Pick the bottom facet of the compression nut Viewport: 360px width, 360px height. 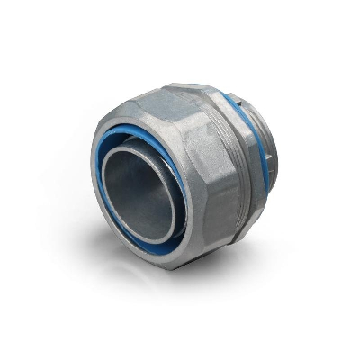click(180, 256)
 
